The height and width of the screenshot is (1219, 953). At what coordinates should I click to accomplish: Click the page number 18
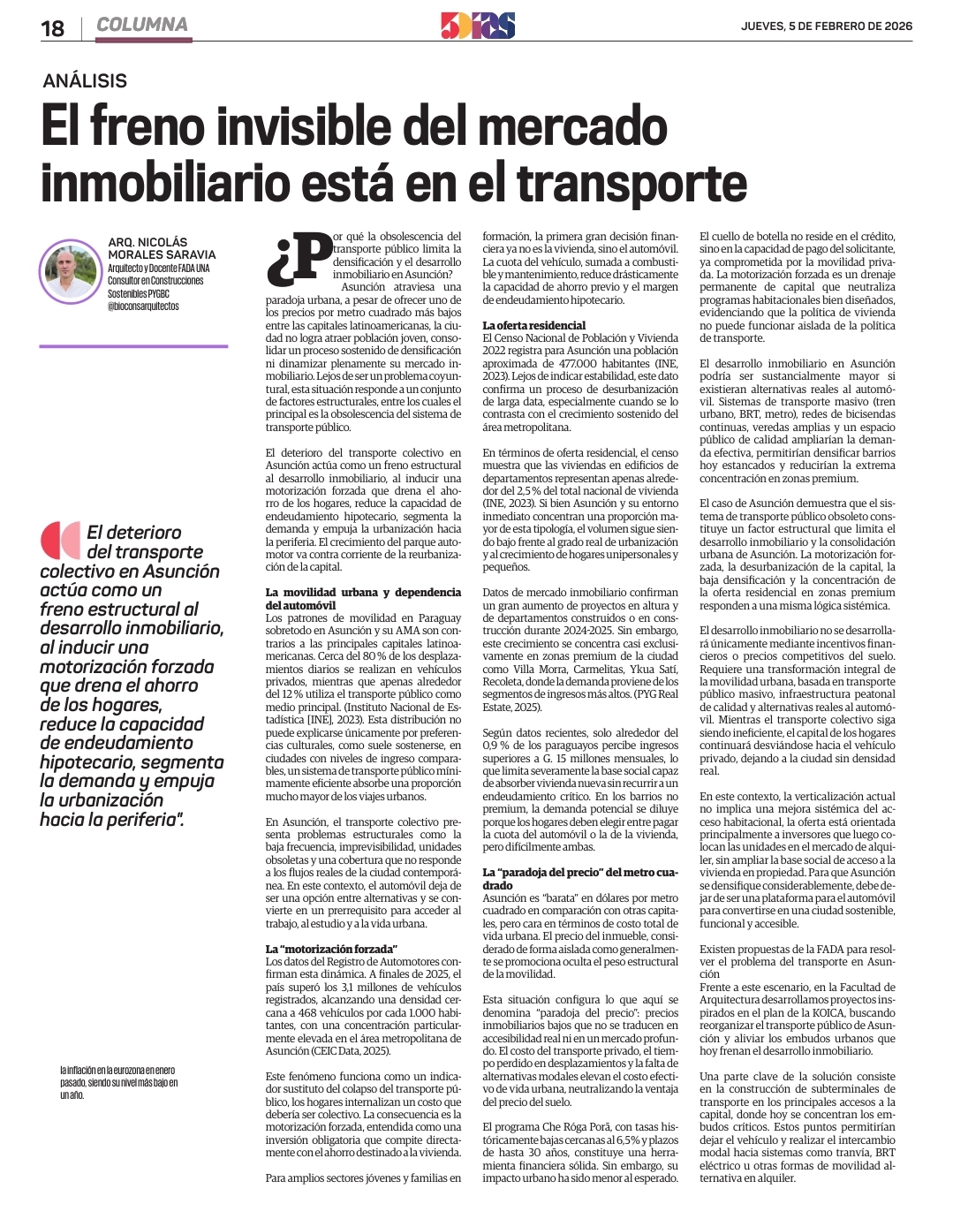pyautogui.click(x=52, y=28)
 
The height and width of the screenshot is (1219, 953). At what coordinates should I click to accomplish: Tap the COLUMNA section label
pyautogui.click(x=142, y=25)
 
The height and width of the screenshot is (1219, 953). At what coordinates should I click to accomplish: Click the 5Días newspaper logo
pyautogui.click(x=477, y=26)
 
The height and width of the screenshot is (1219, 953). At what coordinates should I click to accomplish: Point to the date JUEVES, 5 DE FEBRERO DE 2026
pyautogui.click(x=827, y=26)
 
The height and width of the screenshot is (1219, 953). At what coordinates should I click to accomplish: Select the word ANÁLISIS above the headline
pyautogui.click(x=85, y=81)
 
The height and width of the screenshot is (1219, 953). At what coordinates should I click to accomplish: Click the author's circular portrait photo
pyautogui.click(x=71, y=272)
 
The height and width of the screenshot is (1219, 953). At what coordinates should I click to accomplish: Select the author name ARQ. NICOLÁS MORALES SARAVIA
pyautogui.click(x=161, y=248)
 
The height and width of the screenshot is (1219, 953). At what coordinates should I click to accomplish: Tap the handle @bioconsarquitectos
pyautogui.click(x=143, y=307)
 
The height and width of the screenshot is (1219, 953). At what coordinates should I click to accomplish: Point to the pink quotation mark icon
pyautogui.click(x=60, y=541)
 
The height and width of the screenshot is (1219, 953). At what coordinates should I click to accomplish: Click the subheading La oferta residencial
pyautogui.click(x=533, y=325)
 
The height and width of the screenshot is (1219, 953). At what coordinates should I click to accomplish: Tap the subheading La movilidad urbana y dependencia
pyautogui.click(x=363, y=593)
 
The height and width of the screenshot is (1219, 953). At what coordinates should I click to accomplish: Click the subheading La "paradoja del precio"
pyautogui.click(x=579, y=873)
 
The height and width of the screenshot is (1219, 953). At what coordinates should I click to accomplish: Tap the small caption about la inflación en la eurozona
pyautogui.click(x=118, y=1082)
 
